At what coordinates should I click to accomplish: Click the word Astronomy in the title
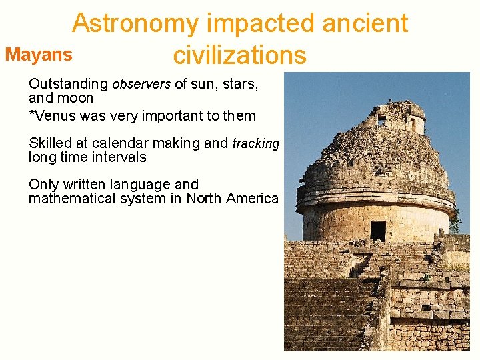(x=135, y=23)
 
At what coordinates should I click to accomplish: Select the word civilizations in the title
(x=239, y=55)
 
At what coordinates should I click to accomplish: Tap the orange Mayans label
(x=39, y=55)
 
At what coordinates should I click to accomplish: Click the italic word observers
(x=141, y=85)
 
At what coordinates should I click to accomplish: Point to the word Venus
(x=54, y=116)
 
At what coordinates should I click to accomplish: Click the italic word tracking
(x=255, y=144)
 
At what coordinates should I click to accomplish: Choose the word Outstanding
(x=68, y=85)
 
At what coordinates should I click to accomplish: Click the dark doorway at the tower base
(x=378, y=231)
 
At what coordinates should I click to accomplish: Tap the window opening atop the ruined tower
(x=382, y=121)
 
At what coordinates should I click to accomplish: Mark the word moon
(x=75, y=98)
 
